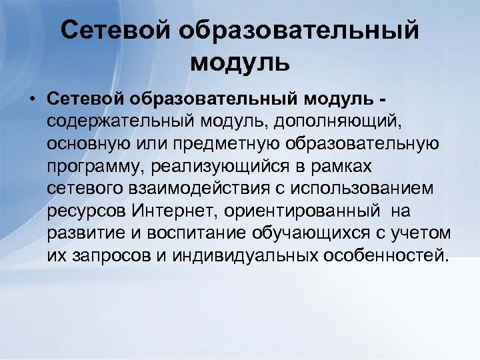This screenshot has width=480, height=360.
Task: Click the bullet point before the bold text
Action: click(31, 99)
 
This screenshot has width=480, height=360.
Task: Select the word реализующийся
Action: click(214, 167)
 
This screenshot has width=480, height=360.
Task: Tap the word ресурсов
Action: click(84, 211)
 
